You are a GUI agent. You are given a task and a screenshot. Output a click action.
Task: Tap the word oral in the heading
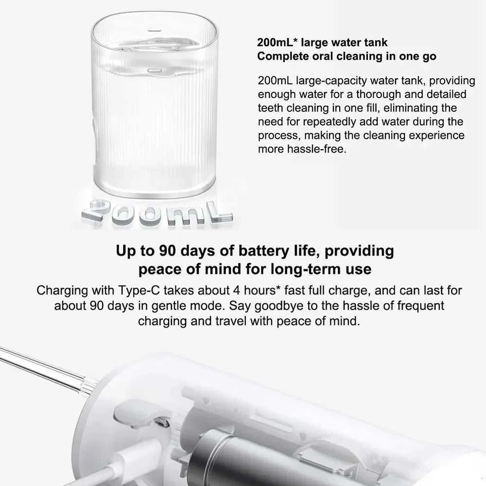pos(315,56)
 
